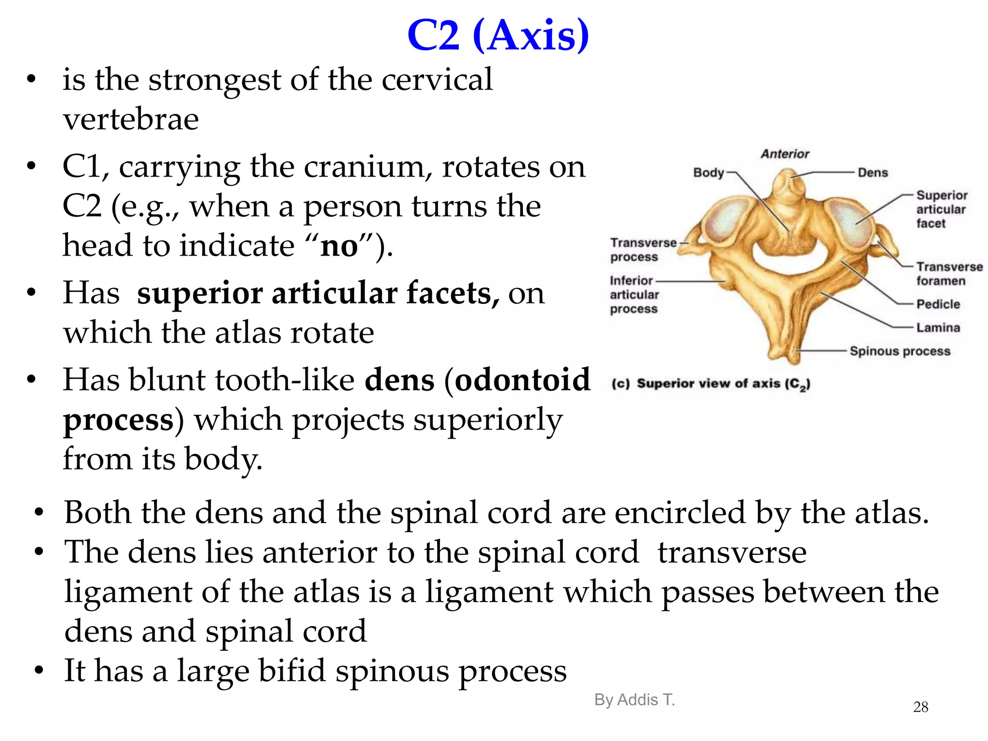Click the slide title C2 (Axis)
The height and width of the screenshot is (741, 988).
pos(498,36)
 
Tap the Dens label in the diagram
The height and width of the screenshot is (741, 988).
pos(872,173)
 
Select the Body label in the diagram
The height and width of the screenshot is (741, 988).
pos(708,173)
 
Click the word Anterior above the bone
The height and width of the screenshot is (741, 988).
pos(785,154)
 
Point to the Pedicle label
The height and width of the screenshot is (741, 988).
pos(938,304)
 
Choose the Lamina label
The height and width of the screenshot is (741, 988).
pos(938,328)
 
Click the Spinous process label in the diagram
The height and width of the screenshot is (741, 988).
pos(900,351)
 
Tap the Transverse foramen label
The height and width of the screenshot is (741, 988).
pos(948,274)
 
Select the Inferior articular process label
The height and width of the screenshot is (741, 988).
pos(634,294)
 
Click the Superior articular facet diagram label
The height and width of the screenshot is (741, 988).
pos(941,209)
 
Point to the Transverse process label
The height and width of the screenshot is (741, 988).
pos(643,249)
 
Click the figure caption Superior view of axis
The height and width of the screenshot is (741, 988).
pos(711,384)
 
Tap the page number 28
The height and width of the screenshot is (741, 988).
pos(920,707)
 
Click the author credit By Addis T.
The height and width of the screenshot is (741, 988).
pos(634,700)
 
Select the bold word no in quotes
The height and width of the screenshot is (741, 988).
pos(339,247)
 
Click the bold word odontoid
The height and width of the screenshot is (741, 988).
pos(522,380)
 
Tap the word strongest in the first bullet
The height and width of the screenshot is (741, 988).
pos(215,80)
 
